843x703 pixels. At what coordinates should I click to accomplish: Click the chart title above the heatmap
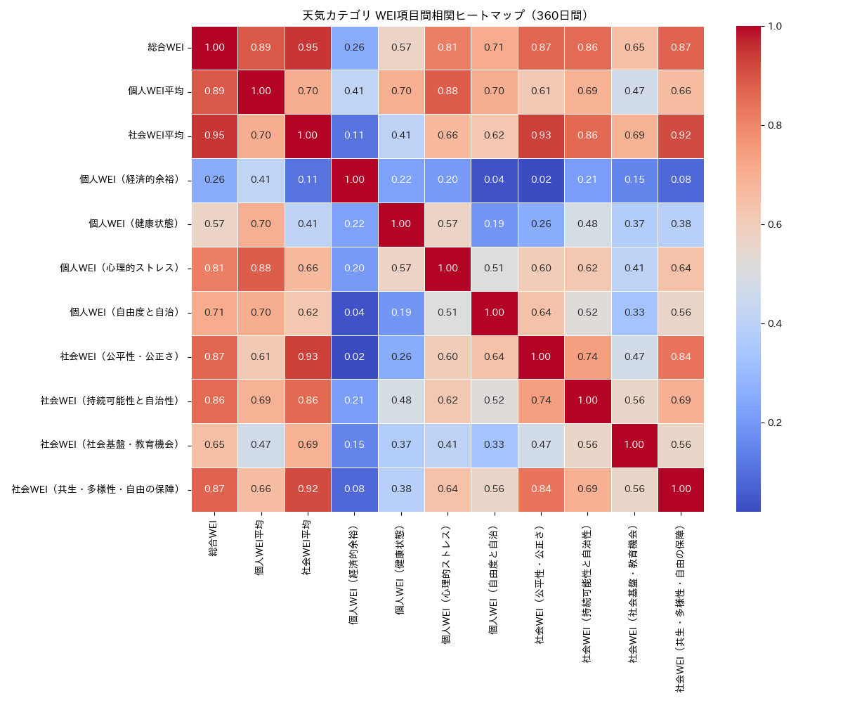[445, 15]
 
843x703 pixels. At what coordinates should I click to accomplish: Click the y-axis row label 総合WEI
[166, 47]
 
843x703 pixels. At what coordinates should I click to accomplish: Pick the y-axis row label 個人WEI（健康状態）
[134, 224]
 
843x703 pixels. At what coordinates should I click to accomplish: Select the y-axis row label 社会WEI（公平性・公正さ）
[120, 356]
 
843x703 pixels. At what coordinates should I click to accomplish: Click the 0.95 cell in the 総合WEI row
[308, 47]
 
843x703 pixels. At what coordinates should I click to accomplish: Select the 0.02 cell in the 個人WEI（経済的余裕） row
[540, 180]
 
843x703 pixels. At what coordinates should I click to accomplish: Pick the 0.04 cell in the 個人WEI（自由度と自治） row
[354, 312]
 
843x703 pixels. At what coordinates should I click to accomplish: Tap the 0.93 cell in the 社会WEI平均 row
[540, 136]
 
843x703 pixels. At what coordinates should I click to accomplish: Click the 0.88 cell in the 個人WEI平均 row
[447, 91]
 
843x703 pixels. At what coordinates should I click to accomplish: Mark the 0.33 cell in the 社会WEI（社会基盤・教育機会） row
[494, 445]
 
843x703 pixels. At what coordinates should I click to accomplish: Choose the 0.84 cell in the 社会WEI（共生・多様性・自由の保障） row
[540, 489]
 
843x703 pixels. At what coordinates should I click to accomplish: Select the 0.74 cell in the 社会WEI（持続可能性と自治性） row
[540, 401]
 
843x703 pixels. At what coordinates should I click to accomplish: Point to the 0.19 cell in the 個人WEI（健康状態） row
[494, 224]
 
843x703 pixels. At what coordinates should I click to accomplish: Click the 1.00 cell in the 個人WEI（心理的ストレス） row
[447, 268]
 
